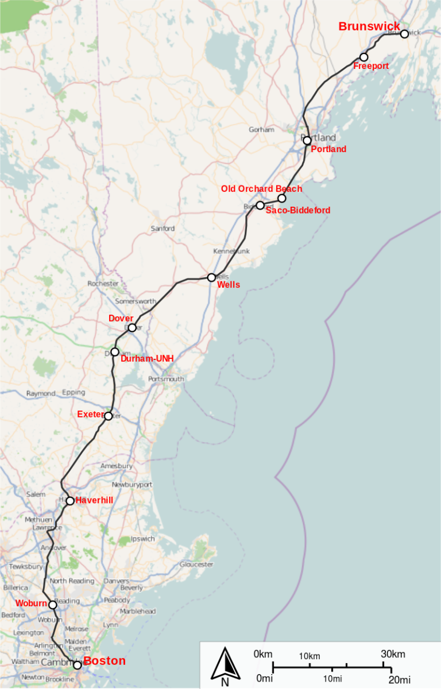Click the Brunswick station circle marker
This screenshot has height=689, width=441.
404,34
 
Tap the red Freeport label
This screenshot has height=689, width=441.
371,66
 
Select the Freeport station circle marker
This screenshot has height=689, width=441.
363,57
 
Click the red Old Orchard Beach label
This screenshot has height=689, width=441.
261,189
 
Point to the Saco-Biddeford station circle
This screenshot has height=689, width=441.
260,205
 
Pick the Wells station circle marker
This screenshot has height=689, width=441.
211,277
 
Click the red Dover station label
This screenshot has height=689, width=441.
121,318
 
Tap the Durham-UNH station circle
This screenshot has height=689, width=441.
115,352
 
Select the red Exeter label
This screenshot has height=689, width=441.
90,414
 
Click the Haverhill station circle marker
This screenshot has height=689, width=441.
70,501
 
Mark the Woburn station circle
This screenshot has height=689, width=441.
53,605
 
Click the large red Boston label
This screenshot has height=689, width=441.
105,661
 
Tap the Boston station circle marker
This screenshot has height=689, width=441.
78,665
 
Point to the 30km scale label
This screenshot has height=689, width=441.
393,654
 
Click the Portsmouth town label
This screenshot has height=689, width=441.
166,379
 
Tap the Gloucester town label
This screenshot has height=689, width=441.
196,564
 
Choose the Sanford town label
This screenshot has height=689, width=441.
163,229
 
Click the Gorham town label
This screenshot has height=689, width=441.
261,130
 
